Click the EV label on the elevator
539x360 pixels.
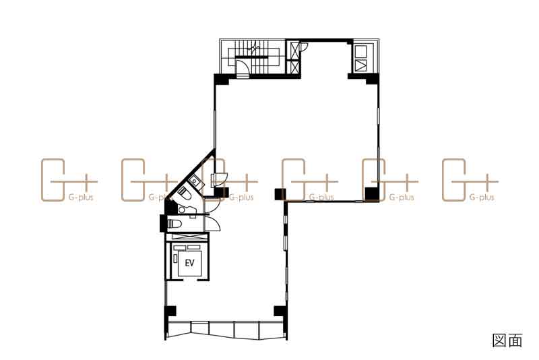189,263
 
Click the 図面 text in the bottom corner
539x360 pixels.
507,340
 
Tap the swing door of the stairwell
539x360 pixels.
243,67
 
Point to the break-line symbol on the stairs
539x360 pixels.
255,47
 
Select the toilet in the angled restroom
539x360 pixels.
185,193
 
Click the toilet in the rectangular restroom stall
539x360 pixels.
175,224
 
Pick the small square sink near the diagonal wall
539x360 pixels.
195,180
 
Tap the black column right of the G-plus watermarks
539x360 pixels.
371,194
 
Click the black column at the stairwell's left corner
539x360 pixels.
222,79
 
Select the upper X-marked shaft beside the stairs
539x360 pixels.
294,51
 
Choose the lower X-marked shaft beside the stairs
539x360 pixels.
294,67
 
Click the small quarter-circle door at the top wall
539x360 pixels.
305,47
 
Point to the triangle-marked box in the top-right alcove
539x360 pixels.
360,65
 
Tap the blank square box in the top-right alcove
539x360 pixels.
360,52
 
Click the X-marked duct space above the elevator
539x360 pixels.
187,237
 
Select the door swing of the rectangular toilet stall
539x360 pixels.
213,224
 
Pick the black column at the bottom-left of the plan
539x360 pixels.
170,311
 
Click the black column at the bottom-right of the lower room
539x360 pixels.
280,311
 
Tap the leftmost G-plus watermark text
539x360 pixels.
81,198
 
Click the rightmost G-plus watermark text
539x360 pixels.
482,198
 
